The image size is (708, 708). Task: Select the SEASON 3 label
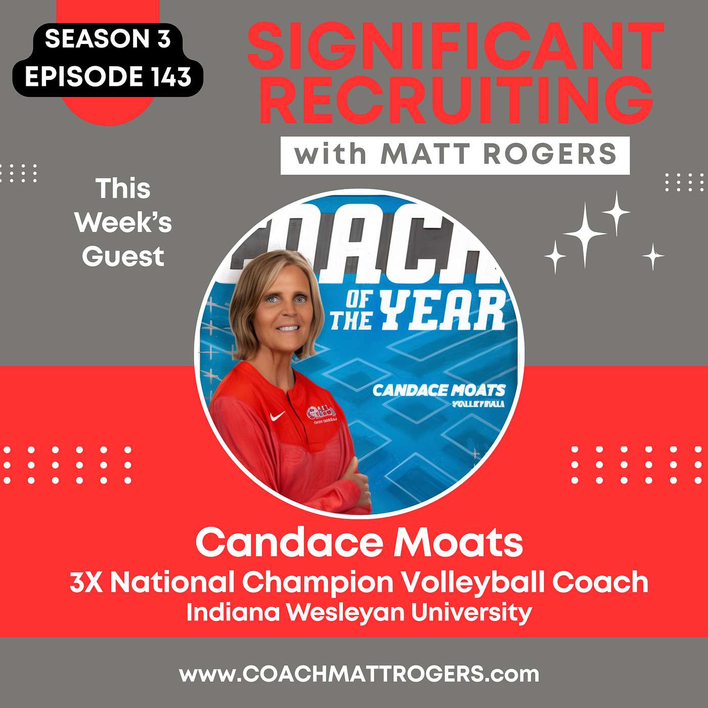(x=108, y=39)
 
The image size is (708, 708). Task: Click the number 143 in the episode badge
(x=170, y=77)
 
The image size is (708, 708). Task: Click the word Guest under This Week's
(x=123, y=256)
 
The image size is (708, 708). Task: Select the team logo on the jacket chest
(x=324, y=413)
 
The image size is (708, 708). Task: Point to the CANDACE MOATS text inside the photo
(x=438, y=390)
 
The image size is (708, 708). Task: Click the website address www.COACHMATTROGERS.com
(x=359, y=674)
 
